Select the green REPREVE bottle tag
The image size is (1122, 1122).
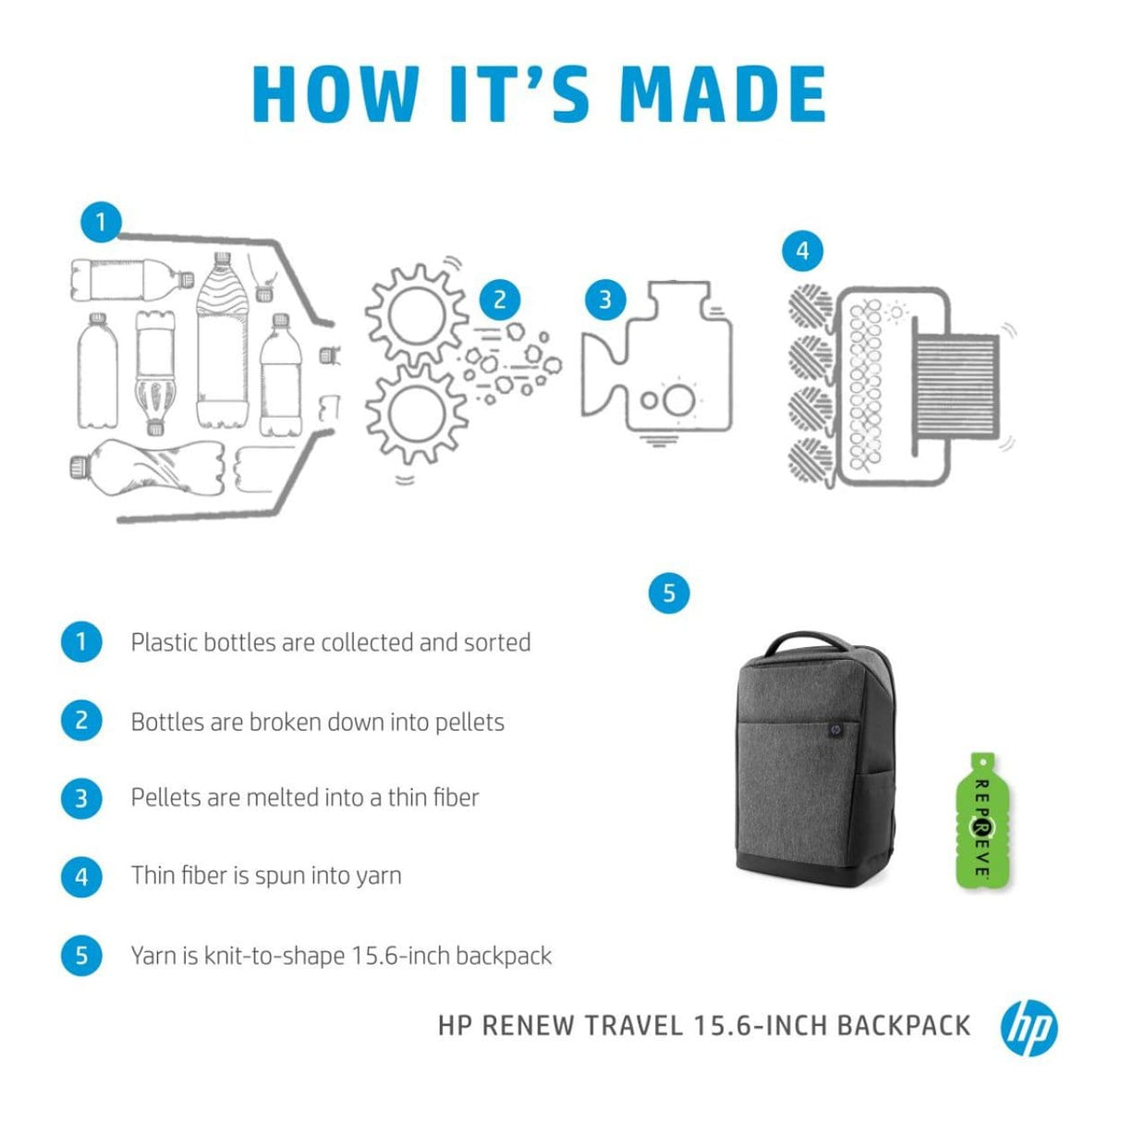981,820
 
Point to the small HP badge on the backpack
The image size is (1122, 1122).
835,728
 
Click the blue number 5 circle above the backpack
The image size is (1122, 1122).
669,592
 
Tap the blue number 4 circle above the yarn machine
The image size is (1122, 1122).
802,250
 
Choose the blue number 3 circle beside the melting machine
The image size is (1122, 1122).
605,299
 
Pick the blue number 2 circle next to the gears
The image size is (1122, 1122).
500,299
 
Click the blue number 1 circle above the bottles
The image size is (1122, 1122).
101,222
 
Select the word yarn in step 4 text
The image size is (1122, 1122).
378,875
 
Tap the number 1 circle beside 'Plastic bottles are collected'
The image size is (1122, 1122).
81,641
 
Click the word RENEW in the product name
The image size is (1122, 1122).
528,1026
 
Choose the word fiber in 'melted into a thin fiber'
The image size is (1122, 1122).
456,797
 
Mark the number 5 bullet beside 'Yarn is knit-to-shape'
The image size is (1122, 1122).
81,955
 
